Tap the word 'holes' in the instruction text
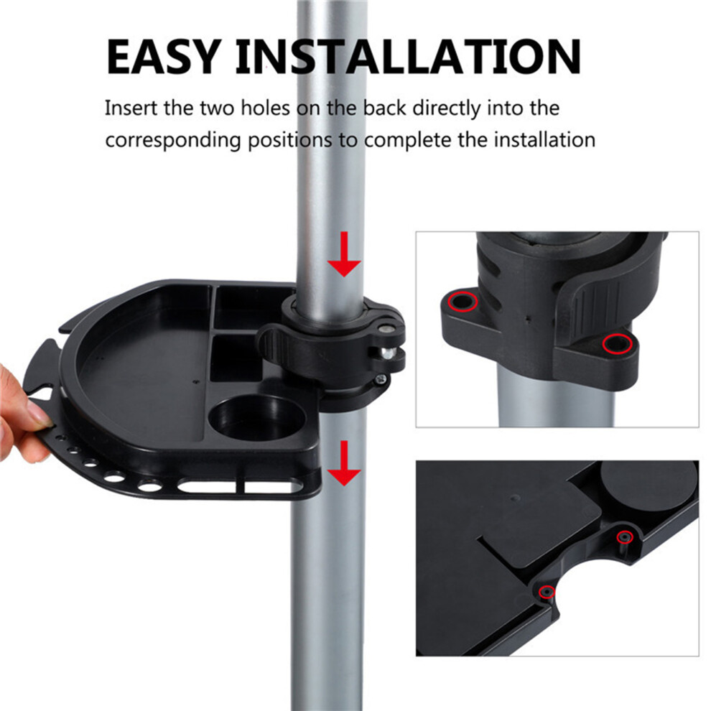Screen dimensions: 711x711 [x=265, y=108]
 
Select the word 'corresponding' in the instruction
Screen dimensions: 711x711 [x=173, y=141]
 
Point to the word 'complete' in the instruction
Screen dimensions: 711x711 [x=408, y=141]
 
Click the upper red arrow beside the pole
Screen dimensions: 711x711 [x=344, y=254]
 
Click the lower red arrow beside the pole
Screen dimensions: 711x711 [x=344, y=463]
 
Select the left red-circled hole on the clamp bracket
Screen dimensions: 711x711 [x=463, y=302]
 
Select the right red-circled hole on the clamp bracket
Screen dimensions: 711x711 [x=617, y=344]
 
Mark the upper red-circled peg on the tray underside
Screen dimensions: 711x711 [x=625, y=537]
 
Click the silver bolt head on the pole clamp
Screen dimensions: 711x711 [x=388, y=353]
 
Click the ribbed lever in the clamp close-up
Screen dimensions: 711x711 [x=590, y=313]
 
